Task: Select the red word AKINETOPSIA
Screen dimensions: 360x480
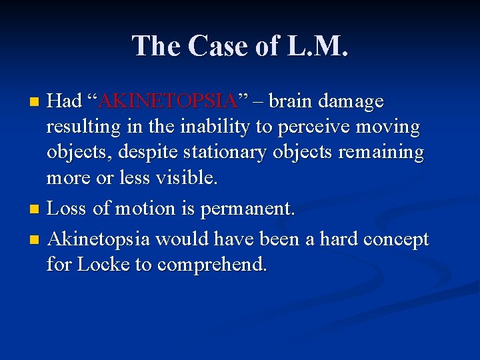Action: point(167,101)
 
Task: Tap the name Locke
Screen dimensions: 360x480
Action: point(103,265)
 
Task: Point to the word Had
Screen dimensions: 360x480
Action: point(65,101)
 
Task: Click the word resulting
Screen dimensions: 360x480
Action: point(82,127)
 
